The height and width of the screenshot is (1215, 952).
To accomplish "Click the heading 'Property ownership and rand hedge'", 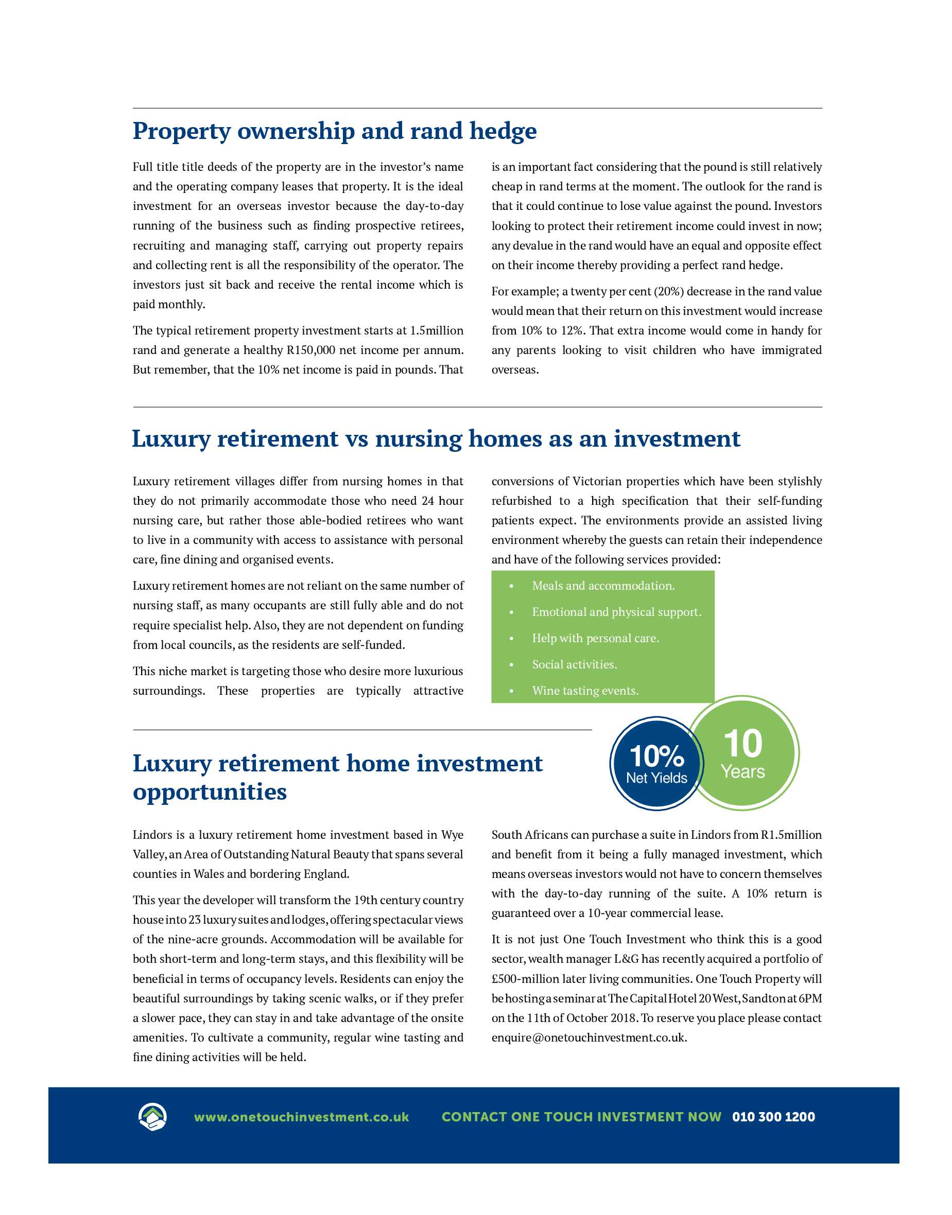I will (x=335, y=131).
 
